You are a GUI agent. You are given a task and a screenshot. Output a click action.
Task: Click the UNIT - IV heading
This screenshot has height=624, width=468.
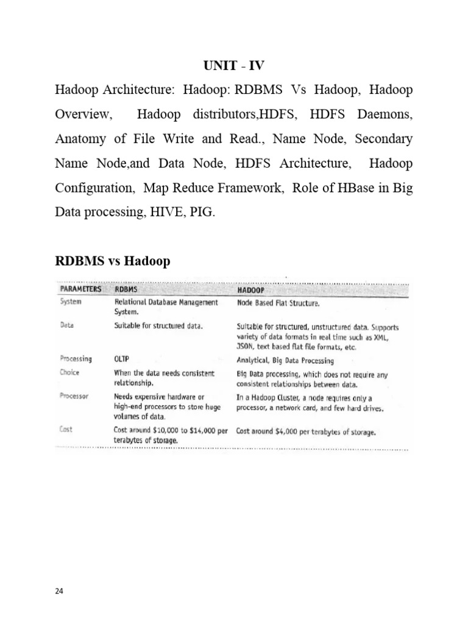pyautogui.click(x=234, y=65)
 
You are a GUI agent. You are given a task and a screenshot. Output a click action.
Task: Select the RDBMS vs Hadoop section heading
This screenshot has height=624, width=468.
pyautogui.click(x=113, y=261)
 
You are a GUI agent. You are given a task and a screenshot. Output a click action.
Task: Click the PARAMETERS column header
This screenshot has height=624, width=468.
pyautogui.click(x=80, y=289)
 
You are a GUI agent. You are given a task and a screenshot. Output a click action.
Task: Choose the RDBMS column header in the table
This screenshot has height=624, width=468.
pyautogui.click(x=128, y=289)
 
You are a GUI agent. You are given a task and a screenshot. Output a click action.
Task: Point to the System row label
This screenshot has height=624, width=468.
pyautogui.click(x=72, y=301)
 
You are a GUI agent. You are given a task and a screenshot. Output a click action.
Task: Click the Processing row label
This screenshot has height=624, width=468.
pyautogui.click(x=76, y=359)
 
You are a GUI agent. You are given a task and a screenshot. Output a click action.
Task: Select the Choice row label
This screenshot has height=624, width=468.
pyautogui.click(x=70, y=372)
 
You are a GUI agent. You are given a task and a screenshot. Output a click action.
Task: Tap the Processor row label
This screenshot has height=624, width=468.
pyautogui.click(x=74, y=395)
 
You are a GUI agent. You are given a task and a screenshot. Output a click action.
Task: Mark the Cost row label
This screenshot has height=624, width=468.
pyautogui.click(x=66, y=429)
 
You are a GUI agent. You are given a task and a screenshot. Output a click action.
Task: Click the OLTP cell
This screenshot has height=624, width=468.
pyautogui.click(x=124, y=359)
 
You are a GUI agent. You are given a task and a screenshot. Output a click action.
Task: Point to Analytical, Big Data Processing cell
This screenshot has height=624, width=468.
pyautogui.click(x=288, y=360)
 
